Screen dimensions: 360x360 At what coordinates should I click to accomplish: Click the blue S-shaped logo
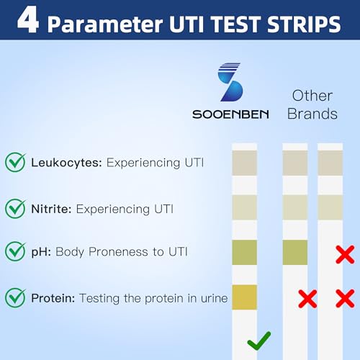230,84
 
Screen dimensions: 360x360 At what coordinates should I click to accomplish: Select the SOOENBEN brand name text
230,114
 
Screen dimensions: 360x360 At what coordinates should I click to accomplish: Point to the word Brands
312,114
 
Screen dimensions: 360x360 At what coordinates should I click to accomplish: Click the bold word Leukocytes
66,163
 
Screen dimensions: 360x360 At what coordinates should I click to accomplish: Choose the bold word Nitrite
51,210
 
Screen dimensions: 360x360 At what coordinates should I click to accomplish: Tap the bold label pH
40,253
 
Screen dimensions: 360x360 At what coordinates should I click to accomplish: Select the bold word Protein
53,297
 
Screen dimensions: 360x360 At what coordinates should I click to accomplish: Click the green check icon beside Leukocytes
15,162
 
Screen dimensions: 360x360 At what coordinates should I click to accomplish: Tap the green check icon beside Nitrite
15,209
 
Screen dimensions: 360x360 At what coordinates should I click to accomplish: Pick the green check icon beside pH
15,252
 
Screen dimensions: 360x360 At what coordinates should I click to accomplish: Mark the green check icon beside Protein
15,297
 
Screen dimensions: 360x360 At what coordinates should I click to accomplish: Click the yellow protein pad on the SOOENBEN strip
244,297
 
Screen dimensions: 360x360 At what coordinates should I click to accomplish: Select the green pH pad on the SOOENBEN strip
244,252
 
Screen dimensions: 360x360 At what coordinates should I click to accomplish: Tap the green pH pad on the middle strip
294,252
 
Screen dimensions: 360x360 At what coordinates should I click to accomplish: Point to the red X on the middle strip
307,298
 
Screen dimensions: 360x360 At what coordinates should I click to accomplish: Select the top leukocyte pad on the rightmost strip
330,163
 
